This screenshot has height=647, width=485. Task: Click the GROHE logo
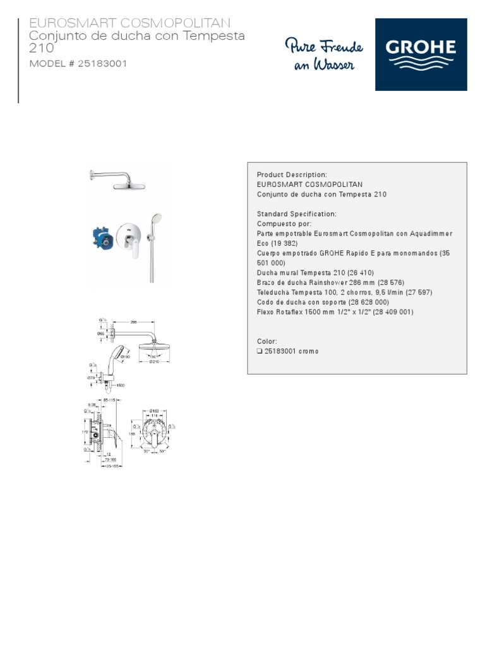(x=421, y=54)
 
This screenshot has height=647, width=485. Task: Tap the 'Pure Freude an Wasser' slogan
(x=323, y=55)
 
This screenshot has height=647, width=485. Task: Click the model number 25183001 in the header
(x=103, y=64)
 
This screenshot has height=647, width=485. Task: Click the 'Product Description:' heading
(x=292, y=174)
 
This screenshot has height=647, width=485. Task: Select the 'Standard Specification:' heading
(x=297, y=214)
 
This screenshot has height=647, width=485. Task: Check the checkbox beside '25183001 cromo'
(x=260, y=351)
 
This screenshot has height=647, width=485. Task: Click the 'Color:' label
(x=267, y=341)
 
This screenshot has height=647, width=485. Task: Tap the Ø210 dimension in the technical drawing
(x=153, y=361)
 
